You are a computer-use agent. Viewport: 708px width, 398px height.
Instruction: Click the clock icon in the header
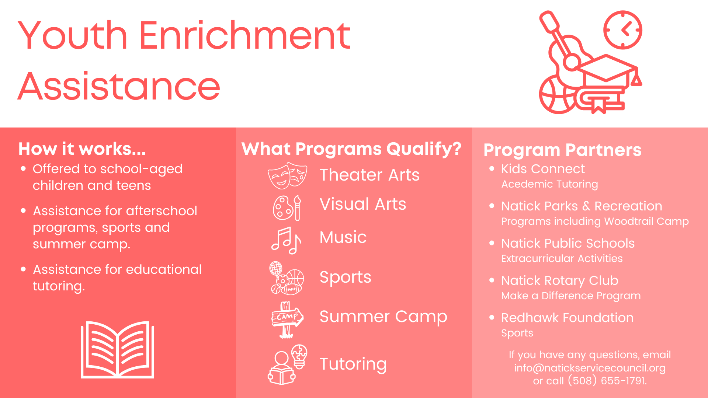point(623,30)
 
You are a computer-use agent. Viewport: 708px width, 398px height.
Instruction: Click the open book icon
point(117,350)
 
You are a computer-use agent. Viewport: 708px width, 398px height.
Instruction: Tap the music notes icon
point(286,241)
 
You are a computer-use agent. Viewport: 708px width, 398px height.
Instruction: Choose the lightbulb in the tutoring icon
point(299,356)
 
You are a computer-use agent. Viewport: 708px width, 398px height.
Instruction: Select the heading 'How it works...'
point(82,149)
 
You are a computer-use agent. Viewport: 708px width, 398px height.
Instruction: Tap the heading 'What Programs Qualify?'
point(351,149)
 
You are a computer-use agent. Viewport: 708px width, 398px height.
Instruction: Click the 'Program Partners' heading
point(562,150)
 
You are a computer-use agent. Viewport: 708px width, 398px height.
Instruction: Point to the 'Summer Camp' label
point(383,317)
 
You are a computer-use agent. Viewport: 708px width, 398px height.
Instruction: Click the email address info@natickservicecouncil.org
point(590,368)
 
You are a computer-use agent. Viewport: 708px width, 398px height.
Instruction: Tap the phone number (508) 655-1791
point(607,381)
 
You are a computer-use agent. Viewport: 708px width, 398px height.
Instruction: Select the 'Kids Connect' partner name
point(543,169)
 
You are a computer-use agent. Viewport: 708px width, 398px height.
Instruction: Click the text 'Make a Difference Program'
point(571,296)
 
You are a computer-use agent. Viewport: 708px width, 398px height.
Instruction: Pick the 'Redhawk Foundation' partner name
point(567,318)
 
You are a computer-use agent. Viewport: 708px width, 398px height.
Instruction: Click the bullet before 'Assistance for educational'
point(24,269)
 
